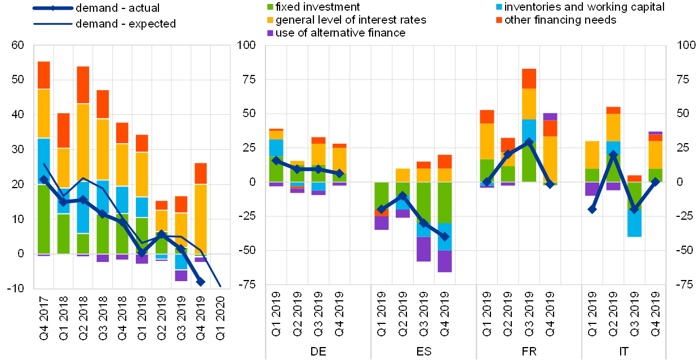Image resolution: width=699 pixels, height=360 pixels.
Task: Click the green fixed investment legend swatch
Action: click(270, 7)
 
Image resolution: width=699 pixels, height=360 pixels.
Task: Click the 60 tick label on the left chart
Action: click(18, 45)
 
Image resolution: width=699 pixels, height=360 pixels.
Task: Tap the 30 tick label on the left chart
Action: click(18, 149)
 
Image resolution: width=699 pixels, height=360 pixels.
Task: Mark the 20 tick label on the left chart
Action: click(18, 184)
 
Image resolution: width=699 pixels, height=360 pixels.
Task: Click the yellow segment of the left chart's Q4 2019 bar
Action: click(201, 219)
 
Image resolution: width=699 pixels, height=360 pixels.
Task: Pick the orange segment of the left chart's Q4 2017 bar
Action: click(44, 75)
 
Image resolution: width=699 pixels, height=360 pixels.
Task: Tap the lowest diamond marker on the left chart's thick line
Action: click(201, 282)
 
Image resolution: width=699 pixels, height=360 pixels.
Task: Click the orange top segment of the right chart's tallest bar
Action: click(529, 78)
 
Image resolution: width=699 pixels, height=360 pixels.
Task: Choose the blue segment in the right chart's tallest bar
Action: click(529, 130)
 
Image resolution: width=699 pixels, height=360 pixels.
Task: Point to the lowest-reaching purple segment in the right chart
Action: click(445, 261)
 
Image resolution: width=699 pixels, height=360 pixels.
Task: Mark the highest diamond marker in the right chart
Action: click(529, 143)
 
